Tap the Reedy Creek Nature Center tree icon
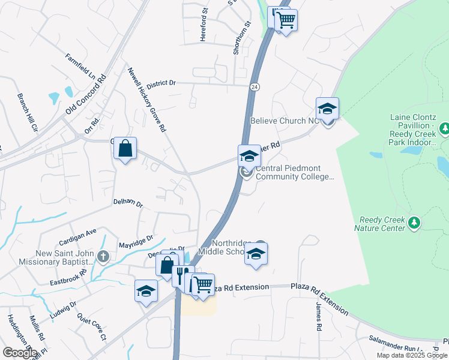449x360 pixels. point(414,223)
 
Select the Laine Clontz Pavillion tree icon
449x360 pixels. point(445,128)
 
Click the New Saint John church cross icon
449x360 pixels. point(103,257)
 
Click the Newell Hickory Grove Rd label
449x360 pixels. point(145,99)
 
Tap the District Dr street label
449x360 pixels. point(161,83)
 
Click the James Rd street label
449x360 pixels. point(319,316)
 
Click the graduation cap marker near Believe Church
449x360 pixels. point(327,109)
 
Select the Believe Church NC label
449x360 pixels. point(282,121)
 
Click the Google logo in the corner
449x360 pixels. point(20,353)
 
